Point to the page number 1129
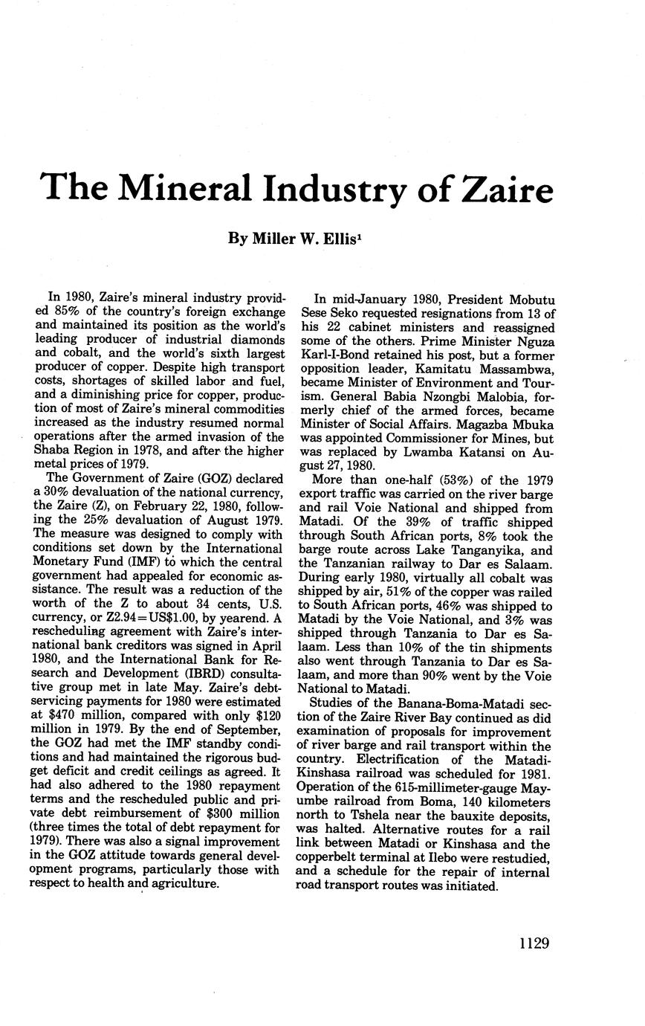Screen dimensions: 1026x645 (x=534, y=943)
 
